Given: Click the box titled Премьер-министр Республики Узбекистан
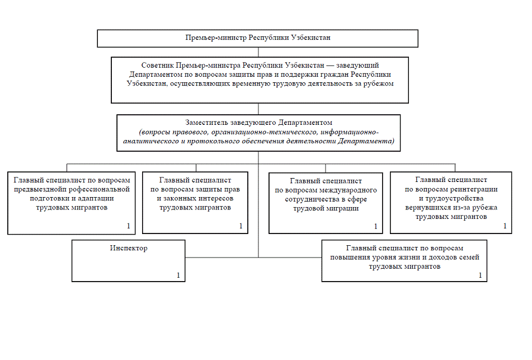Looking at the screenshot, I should click(258, 38).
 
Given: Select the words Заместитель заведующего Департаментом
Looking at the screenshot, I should click(258, 122).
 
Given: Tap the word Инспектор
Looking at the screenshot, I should click(129, 248).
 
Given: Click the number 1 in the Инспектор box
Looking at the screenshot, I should click(178, 275).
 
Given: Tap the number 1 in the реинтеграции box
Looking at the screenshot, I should click(505, 226).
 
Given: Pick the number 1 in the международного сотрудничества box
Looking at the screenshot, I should click(375, 227).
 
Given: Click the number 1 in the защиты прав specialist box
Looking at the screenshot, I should click(241, 226).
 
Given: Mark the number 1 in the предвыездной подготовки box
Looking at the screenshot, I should click(128, 226).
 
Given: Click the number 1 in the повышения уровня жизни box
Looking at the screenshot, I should click(479, 275).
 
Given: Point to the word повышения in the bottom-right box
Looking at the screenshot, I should click(342, 257).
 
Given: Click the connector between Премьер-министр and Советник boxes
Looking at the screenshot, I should click(258, 52).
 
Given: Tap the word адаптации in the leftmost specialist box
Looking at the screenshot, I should click(94, 198).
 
